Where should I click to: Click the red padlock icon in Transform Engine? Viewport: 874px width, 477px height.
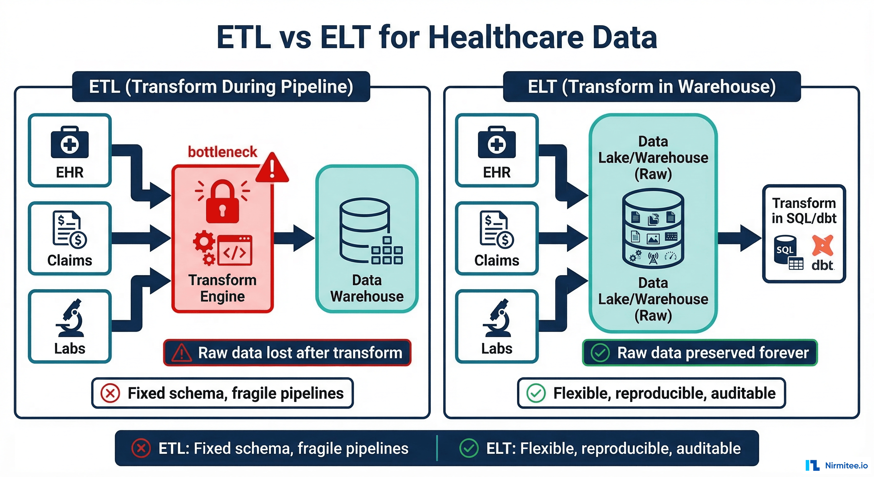222,202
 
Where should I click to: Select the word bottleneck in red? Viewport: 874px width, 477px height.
223,152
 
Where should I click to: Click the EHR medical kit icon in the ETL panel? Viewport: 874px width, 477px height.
70,143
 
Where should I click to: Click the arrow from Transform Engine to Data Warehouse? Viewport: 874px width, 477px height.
294,238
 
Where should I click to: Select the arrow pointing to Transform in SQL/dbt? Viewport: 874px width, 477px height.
740,238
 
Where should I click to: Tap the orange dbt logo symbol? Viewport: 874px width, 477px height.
822,245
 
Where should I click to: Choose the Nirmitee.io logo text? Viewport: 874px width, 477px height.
846,466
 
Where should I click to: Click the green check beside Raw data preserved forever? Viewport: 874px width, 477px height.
600,353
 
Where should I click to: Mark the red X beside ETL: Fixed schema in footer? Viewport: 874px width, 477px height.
141,448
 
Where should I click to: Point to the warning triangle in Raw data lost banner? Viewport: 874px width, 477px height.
182,353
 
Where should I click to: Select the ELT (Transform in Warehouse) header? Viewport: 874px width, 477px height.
651,87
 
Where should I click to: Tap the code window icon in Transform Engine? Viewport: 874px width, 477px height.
235,250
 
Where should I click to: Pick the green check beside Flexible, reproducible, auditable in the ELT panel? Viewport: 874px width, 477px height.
536,393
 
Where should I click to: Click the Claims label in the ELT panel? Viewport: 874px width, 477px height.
497,261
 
